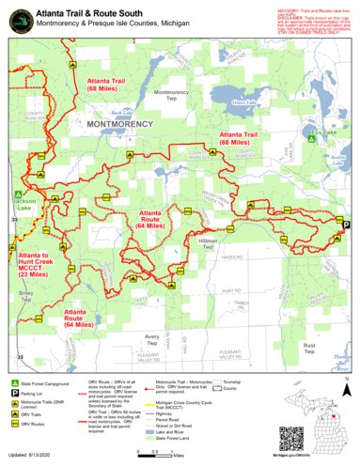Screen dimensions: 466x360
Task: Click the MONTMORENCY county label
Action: click(121, 122)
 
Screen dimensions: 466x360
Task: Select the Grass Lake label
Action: click(244, 101)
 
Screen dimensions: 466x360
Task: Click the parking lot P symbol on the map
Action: click(345, 225)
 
